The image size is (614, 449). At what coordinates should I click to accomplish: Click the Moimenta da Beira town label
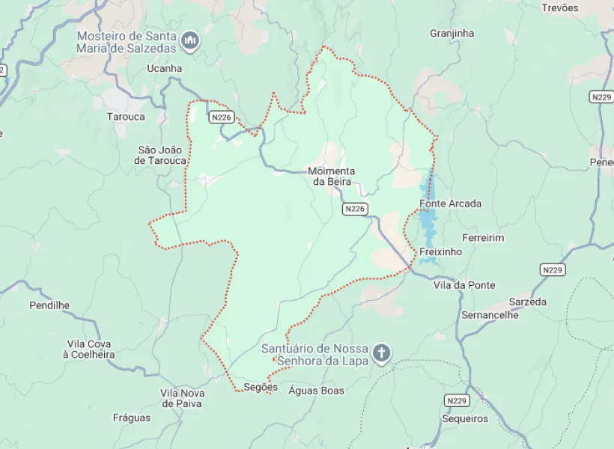pyautogui.click(x=332, y=177)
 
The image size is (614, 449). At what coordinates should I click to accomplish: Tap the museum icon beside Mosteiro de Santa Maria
pyautogui.click(x=190, y=40)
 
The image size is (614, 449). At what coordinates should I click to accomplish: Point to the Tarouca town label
pyautogui.click(x=126, y=117)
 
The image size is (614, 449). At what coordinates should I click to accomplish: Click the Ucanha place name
pyautogui.click(x=164, y=68)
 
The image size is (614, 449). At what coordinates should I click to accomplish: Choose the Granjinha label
pyautogui.click(x=452, y=34)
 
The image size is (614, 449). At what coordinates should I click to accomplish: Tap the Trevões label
pyautogui.click(x=560, y=7)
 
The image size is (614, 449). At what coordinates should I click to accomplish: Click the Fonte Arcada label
pyautogui.click(x=450, y=204)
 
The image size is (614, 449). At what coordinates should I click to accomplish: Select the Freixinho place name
pyautogui.click(x=440, y=252)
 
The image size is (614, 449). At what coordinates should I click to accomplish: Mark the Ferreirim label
pyautogui.click(x=483, y=238)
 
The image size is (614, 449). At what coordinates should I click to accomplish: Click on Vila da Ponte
pyautogui.click(x=464, y=285)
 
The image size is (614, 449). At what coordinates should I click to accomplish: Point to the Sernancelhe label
pyautogui.click(x=490, y=315)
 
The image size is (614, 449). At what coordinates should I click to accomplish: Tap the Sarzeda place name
pyautogui.click(x=527, y=302)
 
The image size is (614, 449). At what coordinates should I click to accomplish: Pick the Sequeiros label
pyautogui.click(x=464, y=419)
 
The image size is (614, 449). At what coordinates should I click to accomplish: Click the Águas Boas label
pyautogui.click(x=316, y=391)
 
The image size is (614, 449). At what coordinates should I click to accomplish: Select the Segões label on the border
pyautogui.click(x=261, y=388)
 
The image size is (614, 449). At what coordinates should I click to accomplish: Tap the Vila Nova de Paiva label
pyautogui.click(x=183, y=399)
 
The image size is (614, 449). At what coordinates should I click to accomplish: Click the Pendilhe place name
pyautogui.click(x=49, y=305)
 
